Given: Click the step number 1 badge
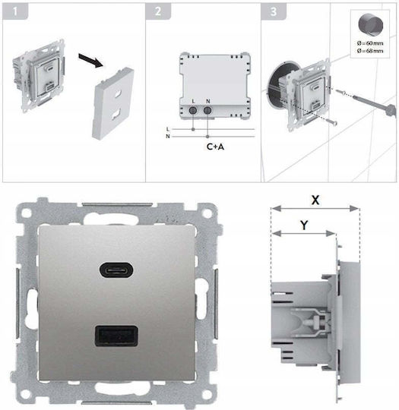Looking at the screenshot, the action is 15,11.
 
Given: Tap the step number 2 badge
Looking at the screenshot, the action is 158,11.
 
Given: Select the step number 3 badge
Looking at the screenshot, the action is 274,11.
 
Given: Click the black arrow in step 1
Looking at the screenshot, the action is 91,61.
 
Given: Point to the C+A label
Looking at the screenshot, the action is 215,147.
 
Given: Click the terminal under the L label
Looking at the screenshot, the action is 193,111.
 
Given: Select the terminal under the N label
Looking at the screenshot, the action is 207,111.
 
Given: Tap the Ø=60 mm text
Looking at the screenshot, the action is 370,43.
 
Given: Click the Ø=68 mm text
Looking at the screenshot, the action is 370,51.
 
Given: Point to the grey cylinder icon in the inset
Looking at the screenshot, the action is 370,24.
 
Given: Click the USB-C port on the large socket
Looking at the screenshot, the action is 116,270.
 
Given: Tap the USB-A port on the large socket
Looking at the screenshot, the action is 116,336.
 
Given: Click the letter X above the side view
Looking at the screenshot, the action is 315,200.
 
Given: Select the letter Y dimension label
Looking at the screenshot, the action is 304,225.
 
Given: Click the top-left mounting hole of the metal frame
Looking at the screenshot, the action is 26,213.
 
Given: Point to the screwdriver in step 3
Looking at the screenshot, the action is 375,104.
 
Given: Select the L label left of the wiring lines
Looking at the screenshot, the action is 168,129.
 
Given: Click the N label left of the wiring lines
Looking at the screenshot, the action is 168,136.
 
